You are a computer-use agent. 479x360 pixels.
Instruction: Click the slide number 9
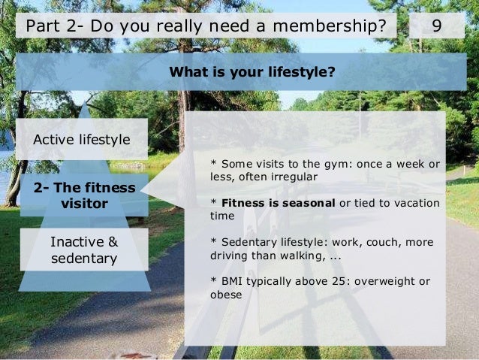(436, 27)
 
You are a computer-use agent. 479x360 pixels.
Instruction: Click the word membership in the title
(330, 27)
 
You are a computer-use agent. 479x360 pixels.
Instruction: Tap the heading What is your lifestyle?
(252, 73)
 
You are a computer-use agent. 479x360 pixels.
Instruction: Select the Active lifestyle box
(82, 140)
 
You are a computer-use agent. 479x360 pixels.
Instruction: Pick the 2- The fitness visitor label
(84, 195)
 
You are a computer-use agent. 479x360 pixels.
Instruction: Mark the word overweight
(386, 282)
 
